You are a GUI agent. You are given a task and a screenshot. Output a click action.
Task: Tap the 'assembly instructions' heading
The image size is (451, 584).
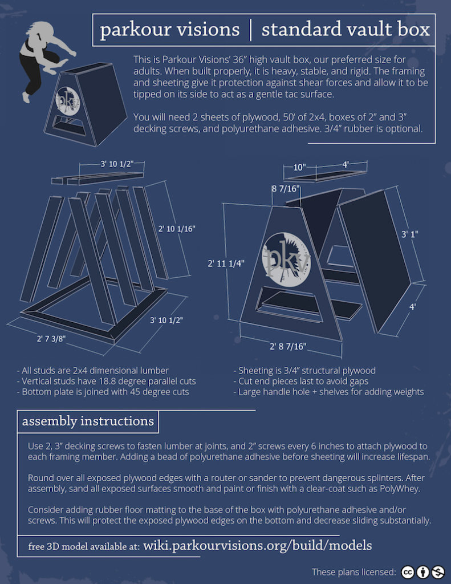coord(88,421)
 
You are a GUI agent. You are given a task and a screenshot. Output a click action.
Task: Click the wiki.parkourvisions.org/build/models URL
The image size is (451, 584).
coord(257,545)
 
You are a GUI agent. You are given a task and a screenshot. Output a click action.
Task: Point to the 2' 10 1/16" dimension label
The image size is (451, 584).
coord(176,228)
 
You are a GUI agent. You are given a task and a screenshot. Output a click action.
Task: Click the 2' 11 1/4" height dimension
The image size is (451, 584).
coord(226,263)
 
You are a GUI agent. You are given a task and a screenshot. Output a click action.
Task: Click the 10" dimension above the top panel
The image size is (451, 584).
coord(299,167)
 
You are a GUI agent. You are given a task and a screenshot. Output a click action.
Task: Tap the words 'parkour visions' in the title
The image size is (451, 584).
coord(169,30)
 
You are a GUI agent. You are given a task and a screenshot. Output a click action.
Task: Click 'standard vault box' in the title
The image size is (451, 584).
coord(346,30)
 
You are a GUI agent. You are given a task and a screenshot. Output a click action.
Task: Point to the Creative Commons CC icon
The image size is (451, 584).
coord(407,572)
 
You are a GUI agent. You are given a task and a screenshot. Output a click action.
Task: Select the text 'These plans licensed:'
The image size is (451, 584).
coord(354,572)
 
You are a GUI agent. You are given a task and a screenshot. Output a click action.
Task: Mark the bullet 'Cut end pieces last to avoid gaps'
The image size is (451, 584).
coord(302,381)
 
